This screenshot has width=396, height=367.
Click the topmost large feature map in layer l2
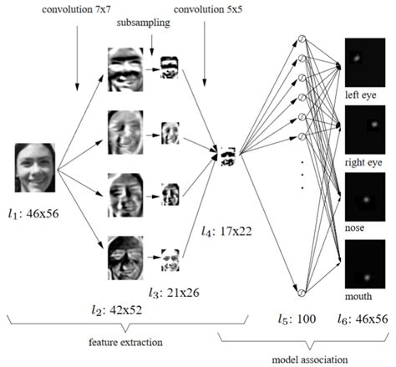pyautogui.click(x=126, y=69)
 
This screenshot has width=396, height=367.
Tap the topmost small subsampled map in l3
pyautogui.click(x=170, y=68)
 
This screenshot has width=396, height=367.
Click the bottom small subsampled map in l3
pyautogui.click(x=170, y=260)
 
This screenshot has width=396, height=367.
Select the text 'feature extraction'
pyautogui.click(x=125, y=344)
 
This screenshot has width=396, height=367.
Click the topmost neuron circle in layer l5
pyautogui.click(x=302, y=40)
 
